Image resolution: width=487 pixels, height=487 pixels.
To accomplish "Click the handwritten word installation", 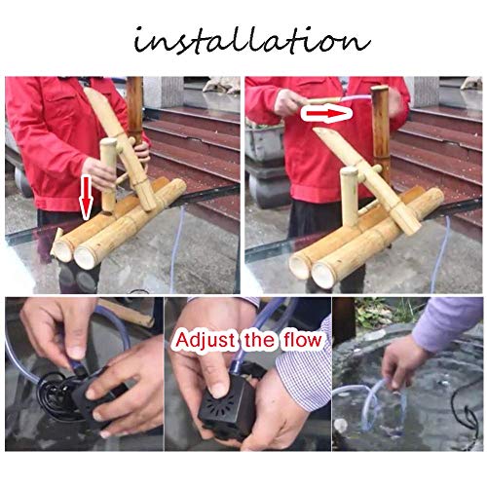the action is (252, 40).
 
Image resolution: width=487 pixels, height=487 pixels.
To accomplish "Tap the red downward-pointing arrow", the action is (86, 198).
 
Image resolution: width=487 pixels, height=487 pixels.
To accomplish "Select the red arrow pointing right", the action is (327, 114).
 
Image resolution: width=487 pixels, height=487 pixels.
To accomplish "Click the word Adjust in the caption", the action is (205, 341).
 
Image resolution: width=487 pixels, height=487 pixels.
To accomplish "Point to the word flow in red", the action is (303, 339).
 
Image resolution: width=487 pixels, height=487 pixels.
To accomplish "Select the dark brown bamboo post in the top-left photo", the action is (134, 109).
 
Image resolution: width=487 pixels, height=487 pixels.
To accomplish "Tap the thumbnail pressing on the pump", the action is (220, 390).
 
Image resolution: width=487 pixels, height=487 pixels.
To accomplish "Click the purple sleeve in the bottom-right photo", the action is (450, 324).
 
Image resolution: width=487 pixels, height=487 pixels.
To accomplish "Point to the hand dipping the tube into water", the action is (401, 362).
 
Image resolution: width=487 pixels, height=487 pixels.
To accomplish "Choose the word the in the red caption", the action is (259, 340).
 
